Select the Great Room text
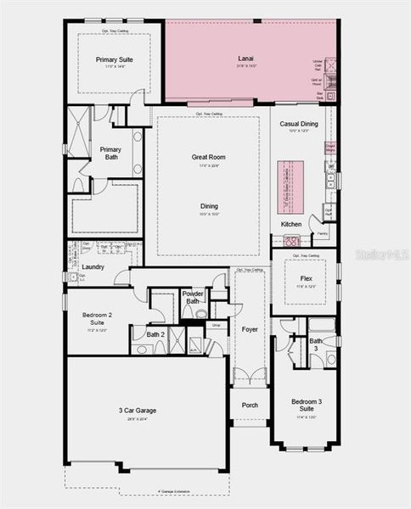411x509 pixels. [208, 157]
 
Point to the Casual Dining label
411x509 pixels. [299, 124]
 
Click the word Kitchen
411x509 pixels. [291, 224]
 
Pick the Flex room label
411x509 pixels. [306, 278]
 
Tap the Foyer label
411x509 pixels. [250, 329]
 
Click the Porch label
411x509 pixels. [250, 405]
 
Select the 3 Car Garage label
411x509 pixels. [138, 411]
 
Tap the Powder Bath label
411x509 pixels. [193, 297]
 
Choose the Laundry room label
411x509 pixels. [93, 266]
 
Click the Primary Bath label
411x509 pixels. [110, 154]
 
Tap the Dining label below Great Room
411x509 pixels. [209, 206]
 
